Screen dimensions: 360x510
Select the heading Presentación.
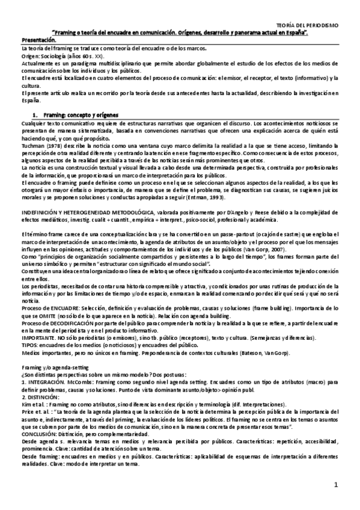pos(37,39)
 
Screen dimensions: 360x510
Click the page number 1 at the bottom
pos(337,483)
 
